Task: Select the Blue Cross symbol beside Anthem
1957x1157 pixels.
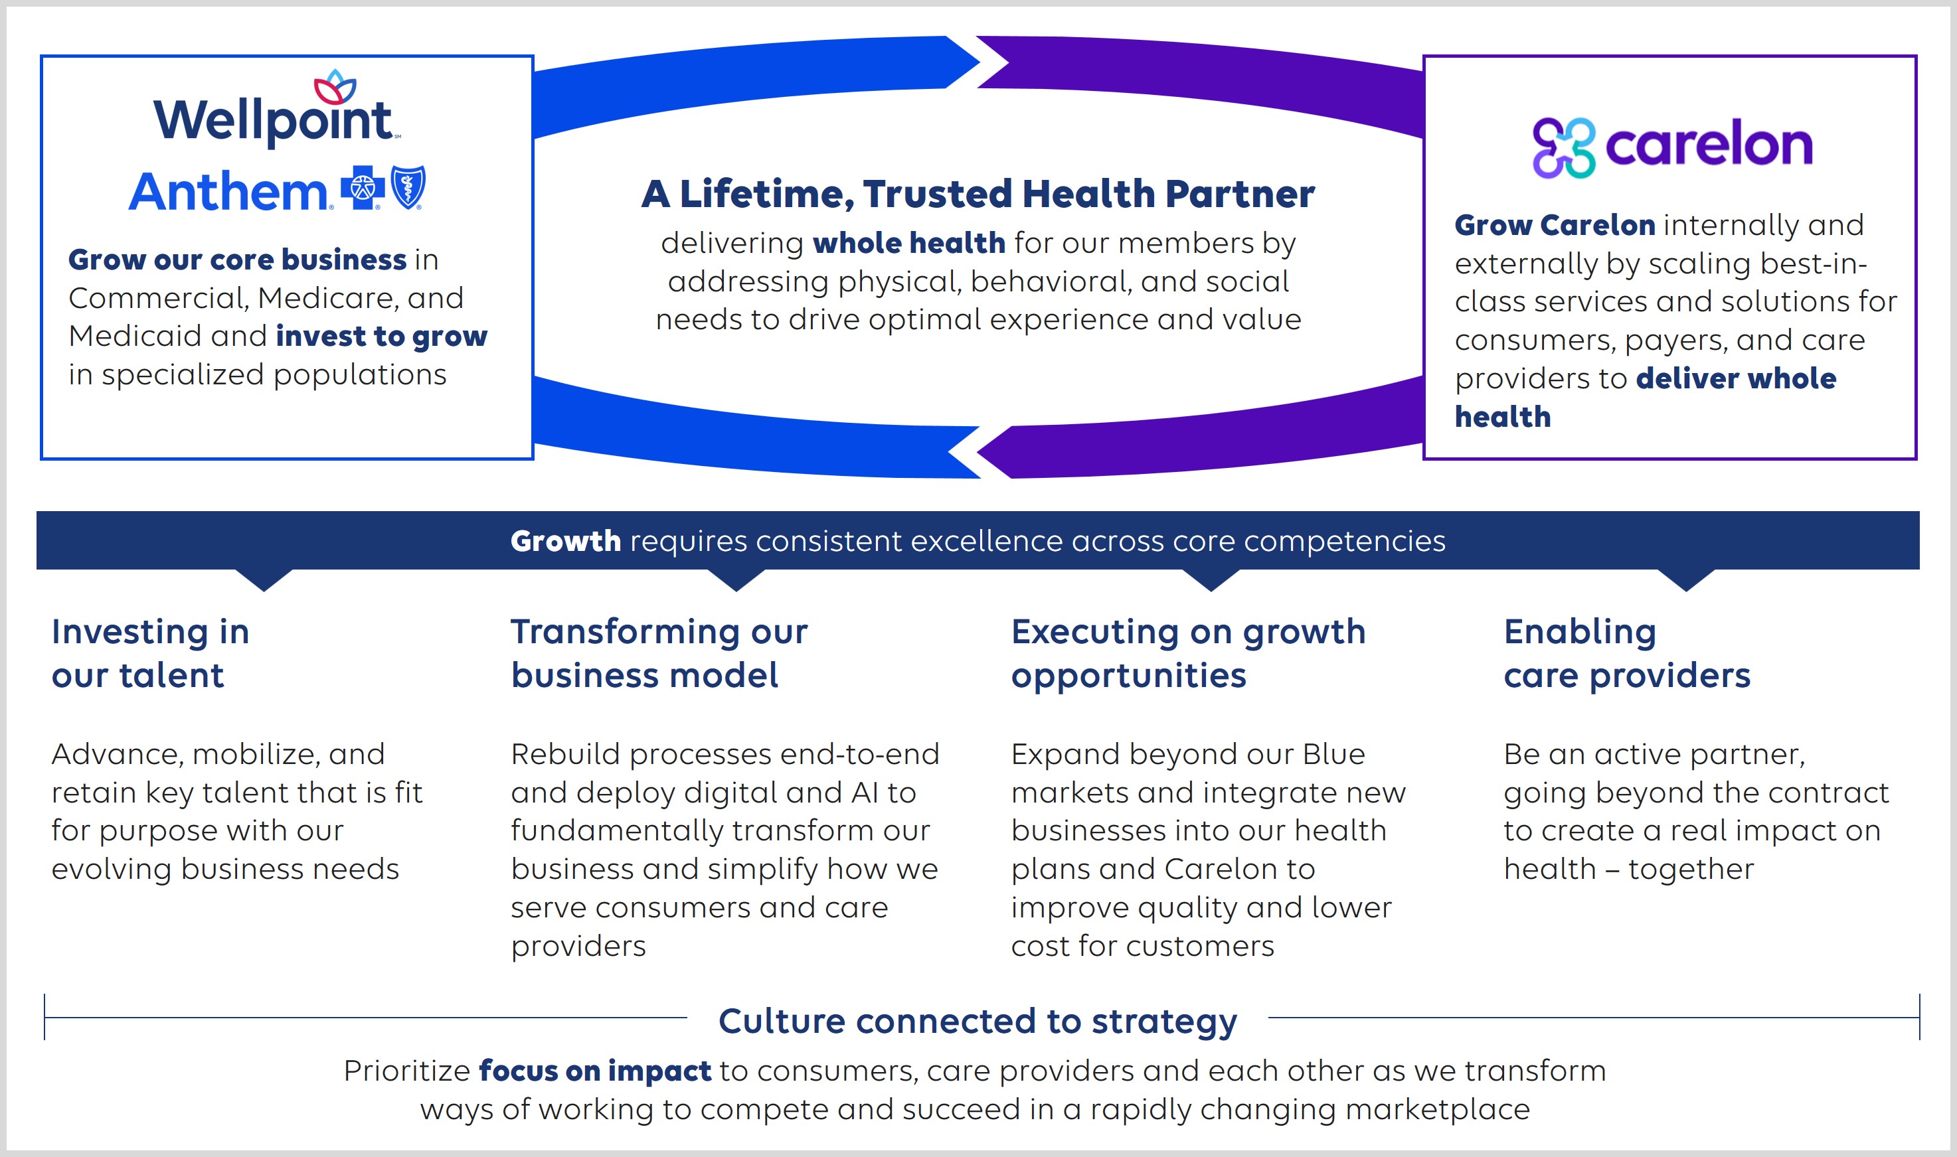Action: coord(363,188)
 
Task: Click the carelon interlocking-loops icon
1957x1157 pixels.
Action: coord(1563,147)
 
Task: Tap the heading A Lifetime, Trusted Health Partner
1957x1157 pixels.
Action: coord(978,193)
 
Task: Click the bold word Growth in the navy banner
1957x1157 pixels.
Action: coord(566,541)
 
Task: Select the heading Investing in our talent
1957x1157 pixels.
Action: coord(150,653)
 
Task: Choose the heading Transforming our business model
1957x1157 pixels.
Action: coord(659,653)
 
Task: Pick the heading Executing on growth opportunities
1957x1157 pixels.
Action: coord(1188,653)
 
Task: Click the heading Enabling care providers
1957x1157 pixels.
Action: coord(1626,653)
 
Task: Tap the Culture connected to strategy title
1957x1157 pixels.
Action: coord(978,1020)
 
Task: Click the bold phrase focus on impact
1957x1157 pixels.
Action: coord(594,1071)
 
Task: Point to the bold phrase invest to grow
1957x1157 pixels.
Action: coord(381,336)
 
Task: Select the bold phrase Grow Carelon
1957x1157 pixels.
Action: coord(1555,224)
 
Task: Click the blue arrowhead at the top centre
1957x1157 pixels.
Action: coord(961,62)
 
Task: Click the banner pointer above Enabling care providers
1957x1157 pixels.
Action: coord(1685,580)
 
